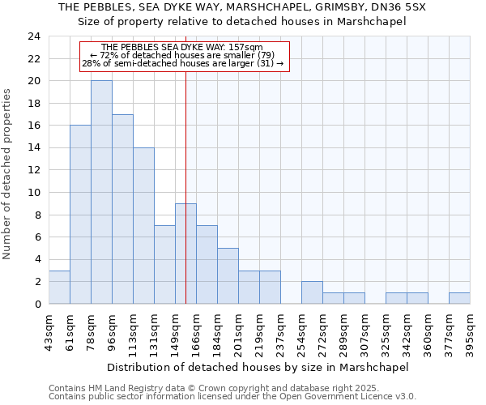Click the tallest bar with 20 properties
(x=101, y=192)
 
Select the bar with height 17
(x=122, y=209)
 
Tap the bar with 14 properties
(x=143, y=225)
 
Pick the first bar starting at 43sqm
(x=59, y=287)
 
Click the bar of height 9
(x=185, y=254)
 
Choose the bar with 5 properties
(x=228, y=275)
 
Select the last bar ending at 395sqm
(x=459, y=298)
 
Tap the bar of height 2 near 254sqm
(x=312, y=292)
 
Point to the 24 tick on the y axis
(x=34, y=36)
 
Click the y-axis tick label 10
(x=34, y=193)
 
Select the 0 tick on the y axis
(x=37, y=304)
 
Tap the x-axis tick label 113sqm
(x=134, y=331)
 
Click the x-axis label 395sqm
(x=471, y=331)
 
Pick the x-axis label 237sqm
(x=281, y=331)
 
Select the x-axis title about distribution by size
(x=258, y=367)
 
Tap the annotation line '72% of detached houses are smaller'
(x=183, y=55)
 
